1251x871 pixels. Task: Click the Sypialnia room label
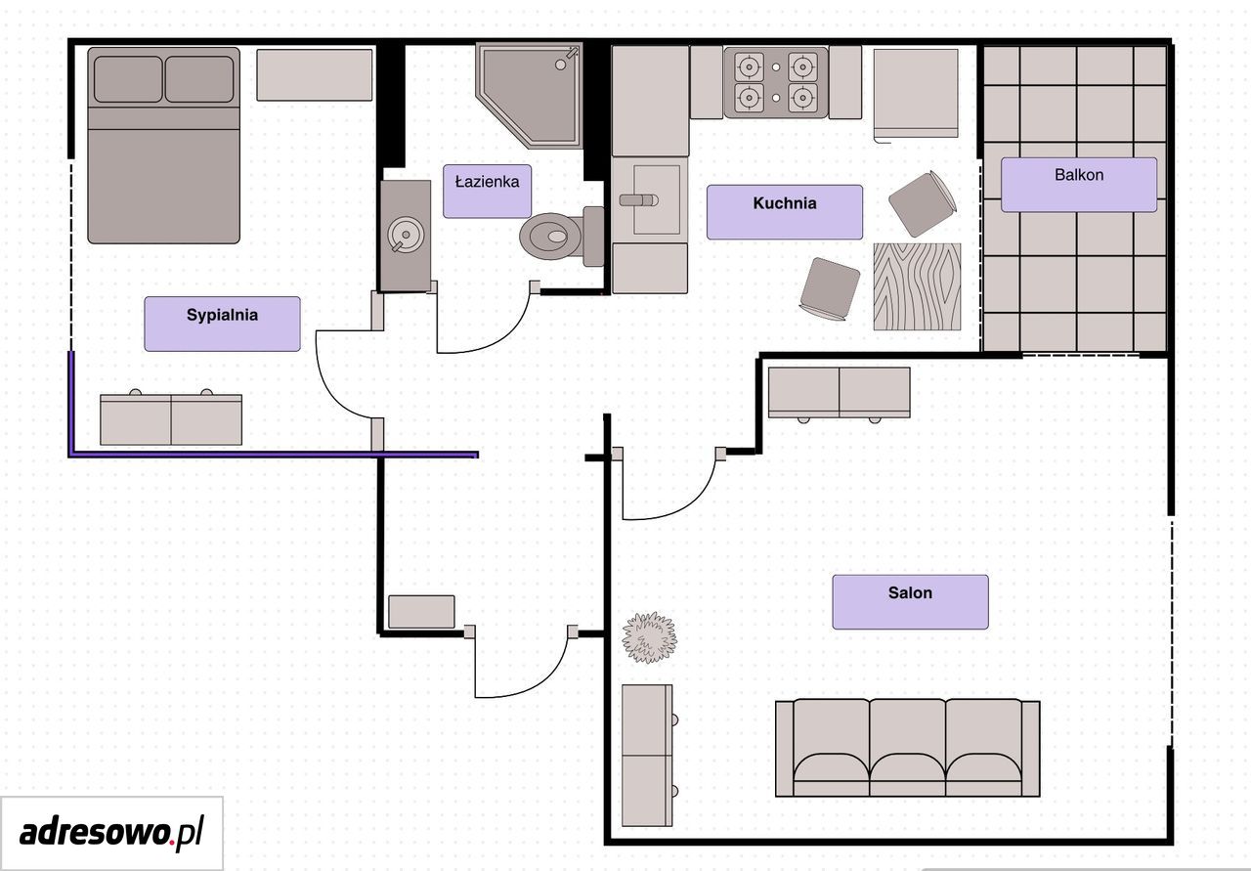(x=222, y=315)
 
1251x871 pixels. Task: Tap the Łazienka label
(x=487, y=182)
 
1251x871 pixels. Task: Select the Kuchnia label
(x=784, y=202)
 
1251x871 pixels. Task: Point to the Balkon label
(x=1078, y=175)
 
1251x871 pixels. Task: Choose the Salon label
(x=910, y=592)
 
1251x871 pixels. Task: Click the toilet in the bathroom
(x=561, y=236)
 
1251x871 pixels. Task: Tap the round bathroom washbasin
(x=406, y=235)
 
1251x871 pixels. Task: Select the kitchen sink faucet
(x=639, y=200)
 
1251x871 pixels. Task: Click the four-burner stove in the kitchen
(x=776, y=82)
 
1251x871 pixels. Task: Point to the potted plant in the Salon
(x=649, y=637)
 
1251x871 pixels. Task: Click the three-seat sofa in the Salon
(x=908, y=748)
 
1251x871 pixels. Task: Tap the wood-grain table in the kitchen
(x=917, y=286)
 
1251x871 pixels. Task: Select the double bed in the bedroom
(x=163, y=146)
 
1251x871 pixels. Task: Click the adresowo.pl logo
(x=111, y=833)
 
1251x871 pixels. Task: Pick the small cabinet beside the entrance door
(x=421, y=612)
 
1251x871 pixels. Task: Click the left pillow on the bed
(x=128, y=79)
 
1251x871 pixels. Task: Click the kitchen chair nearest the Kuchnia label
(x=830, y=288)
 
